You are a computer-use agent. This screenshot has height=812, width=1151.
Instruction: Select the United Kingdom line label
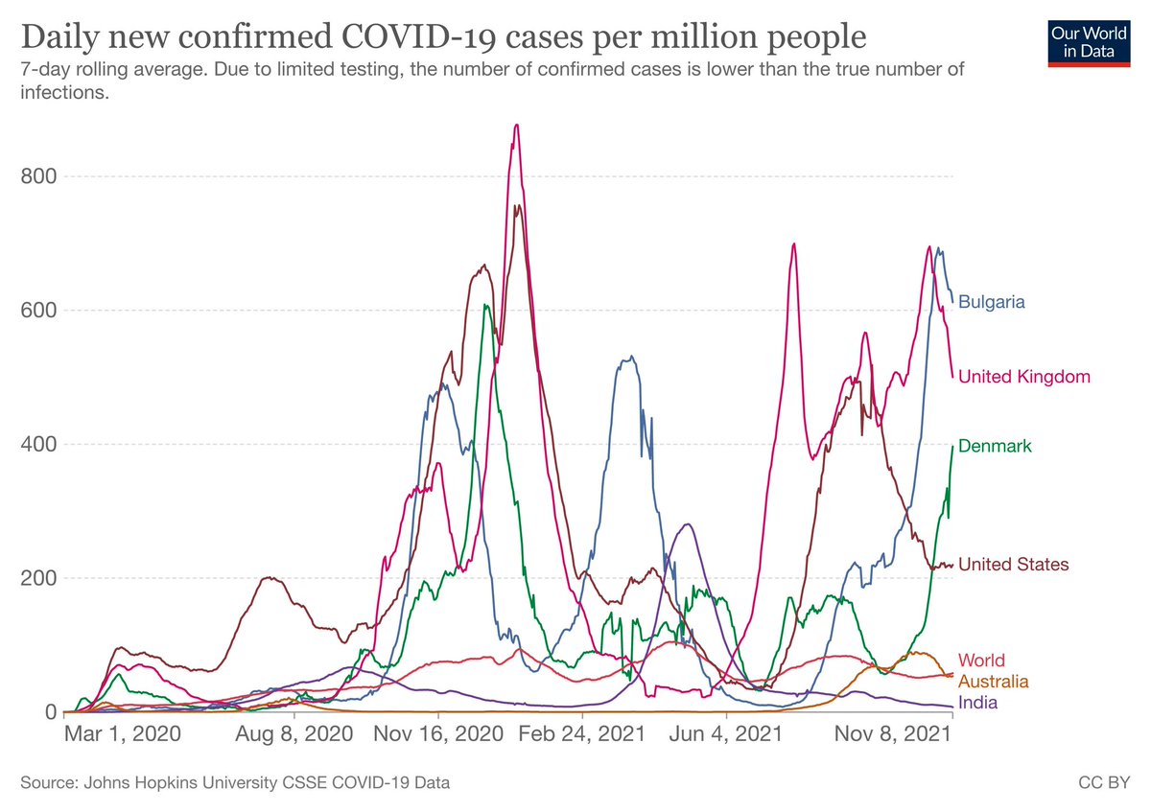tap(1024, 377)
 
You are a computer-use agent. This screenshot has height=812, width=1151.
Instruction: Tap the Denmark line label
tap(996, 447)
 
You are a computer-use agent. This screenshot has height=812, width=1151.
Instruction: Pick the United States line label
tap(1013, 565)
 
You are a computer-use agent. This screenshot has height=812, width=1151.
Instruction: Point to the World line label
tap(981, 661)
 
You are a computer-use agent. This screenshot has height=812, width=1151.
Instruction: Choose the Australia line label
tap(993, 682)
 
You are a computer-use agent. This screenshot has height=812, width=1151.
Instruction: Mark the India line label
tap(977, 703)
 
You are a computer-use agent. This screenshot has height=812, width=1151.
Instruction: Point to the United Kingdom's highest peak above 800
tap(516, 125)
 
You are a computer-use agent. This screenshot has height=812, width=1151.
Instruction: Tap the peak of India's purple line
tap(687, 524)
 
